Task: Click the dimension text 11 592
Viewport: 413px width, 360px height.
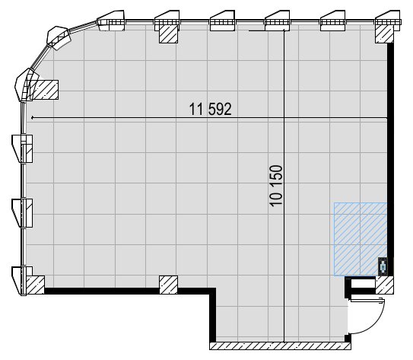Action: point(211,109)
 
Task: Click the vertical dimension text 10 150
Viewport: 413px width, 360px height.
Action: point(276,186)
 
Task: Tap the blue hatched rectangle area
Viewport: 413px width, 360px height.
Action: point(361,239)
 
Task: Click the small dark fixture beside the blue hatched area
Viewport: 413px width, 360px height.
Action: point(383,266)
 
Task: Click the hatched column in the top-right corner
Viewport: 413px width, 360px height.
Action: point(384,33)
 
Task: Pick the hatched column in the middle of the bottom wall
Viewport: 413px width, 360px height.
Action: point(169,285)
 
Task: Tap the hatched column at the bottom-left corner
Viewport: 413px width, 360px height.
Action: point(35,285)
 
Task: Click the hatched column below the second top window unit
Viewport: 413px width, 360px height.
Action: point(169,33)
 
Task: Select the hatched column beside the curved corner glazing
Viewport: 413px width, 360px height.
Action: point(44,90)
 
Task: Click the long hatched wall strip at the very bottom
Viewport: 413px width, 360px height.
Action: point(280,346)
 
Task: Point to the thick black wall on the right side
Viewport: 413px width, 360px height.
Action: point(390,159)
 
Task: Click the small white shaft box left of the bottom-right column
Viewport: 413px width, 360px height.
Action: point(363,284)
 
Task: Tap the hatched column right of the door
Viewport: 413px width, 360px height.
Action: point(385,285)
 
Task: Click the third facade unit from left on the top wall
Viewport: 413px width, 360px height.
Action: point(222,21)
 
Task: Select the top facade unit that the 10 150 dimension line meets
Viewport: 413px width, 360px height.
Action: point(278,21)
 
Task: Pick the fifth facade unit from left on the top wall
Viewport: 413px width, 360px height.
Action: point(332,21)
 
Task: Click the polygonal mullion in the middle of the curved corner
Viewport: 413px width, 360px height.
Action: point(59,38)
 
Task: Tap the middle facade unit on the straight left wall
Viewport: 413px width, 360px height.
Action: point(22,212)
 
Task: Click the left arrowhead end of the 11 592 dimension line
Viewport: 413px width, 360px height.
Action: point(32,117)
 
